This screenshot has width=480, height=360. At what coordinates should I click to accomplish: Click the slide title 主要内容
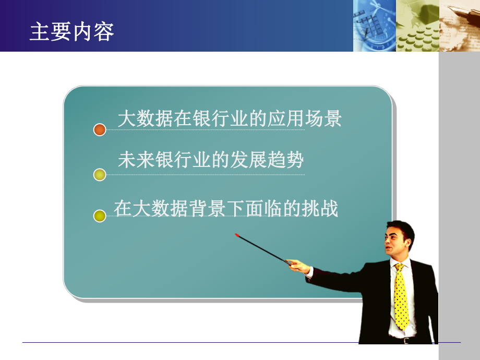pyautogui.click(x=72, y=32)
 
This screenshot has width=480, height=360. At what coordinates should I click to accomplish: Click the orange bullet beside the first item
pyautogui.click(x=100, y=130)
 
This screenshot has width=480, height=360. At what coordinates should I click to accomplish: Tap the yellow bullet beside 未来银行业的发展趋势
pyautogui.click(x=100, y=175)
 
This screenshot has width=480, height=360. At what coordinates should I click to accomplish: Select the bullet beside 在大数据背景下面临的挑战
pyautogui.click(x=100, y=215)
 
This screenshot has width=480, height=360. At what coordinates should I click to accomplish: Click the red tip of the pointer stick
pyautogui.click(x=237, y=235)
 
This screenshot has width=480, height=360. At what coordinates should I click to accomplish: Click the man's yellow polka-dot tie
pyautogui.click(x=401, y=297)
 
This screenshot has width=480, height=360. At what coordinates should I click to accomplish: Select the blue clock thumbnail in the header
pyautogui.click(x=374, y=26)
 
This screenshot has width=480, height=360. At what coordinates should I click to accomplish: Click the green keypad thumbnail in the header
pyautogui.click(x=417, y=26)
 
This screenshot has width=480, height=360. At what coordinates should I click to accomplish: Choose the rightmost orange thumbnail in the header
pyautogui.click(x=459, y=26)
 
